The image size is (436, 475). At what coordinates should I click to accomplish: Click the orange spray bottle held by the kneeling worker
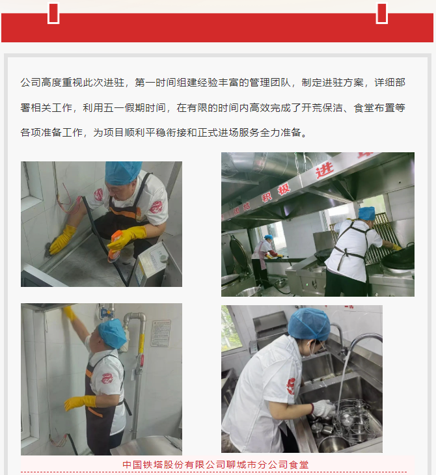coord(115,246)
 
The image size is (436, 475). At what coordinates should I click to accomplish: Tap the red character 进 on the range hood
coord(325,170)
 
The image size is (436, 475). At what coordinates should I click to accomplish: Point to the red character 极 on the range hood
coord(284,189)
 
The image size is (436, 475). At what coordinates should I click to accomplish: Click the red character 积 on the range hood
coord(267,197)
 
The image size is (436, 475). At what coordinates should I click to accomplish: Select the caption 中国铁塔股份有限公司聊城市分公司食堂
coord(215,465)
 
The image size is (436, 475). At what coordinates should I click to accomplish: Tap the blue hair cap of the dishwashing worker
coord(308,324)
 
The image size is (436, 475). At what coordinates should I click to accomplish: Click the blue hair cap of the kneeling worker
coord(122,172)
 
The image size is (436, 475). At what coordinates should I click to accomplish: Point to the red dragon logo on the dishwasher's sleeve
coord(291,386)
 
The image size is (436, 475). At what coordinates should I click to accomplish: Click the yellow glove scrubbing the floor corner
coord(62,240)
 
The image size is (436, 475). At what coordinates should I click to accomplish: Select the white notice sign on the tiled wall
coord(161,333)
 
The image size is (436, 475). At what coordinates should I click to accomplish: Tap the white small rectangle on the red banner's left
coord(53,13)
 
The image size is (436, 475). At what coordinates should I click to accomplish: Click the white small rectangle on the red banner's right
coord(382,13)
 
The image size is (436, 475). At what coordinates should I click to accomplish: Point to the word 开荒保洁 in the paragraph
coord(322,107)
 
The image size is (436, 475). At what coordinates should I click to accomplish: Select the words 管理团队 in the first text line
coord(269,83)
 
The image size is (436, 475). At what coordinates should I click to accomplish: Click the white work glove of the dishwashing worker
coord(323,409)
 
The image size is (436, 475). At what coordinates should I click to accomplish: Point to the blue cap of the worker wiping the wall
coord(112,333)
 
